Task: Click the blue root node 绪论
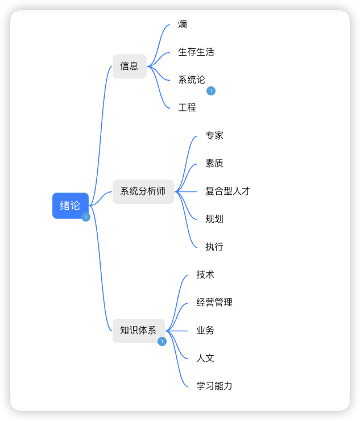(x=70, y=206)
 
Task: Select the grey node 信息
(x=129, y=66)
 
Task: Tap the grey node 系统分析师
(x=143, y=191)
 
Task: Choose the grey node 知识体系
(x=138, y=330)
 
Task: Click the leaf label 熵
(x=183, y=24)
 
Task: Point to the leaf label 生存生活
(x=196, y=52)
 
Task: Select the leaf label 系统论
(x=192, y=80)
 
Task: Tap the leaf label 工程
(x=187, y=107)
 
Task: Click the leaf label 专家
(x=214, y=135)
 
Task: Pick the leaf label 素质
(x=214, y=163)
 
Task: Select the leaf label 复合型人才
(x=228, y=191)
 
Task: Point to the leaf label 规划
(x=214, y=219)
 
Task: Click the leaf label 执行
(x=214, y=247)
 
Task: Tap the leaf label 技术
(x=205, y=274)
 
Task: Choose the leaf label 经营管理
(x=214, y=302)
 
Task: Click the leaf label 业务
(x=205, y=330)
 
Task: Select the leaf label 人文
(x=205, y=358)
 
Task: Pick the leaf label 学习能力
(x=214, y=386)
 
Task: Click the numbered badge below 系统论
(x=211, y=91)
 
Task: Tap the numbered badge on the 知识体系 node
(x=162, y=341)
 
